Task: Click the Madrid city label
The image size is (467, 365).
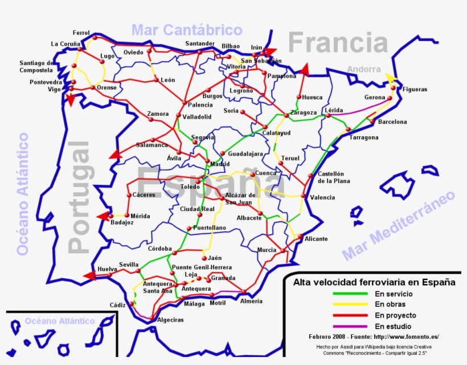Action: pos(220,164)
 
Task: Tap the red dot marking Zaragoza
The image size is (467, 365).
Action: pos(288,113)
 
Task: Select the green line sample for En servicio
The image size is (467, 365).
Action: pos(350,294)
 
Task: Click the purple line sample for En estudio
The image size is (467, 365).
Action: pos(350,326)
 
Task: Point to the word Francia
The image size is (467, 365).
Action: pos(338,43)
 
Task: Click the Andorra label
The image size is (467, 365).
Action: pos(364,69)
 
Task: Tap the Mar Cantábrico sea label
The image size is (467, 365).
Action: pos(187,30)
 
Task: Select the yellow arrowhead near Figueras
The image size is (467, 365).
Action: pos(391,78)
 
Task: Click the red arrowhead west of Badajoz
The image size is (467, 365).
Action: pos(103,216)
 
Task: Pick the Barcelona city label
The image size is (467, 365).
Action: pos(392,121)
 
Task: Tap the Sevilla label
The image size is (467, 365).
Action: pos(129,265)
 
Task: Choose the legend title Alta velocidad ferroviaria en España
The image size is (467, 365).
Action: pos(374,282)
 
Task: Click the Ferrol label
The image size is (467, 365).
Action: pos(81,33)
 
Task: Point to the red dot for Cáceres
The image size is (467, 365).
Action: pos(129,195)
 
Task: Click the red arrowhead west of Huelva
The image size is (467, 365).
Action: pos(88,275)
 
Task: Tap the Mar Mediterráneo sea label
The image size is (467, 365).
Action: pos(399,226)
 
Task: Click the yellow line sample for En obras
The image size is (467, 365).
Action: pos(350,305)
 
